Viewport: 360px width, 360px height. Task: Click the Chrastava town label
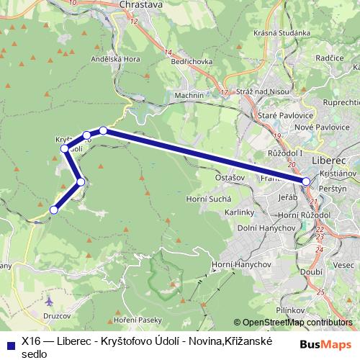pos(141,4)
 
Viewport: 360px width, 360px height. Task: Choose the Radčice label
pos(330,57)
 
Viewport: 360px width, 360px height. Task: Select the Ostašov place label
pos(230,176)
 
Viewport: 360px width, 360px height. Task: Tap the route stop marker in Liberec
pos(306,182)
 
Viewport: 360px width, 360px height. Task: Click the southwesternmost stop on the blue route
pos(53,210)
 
